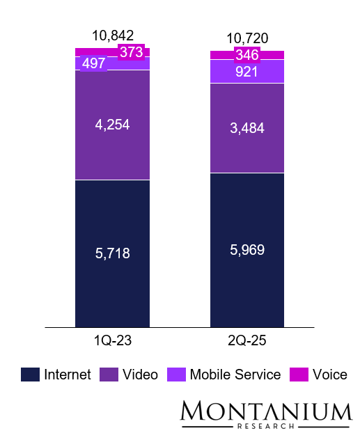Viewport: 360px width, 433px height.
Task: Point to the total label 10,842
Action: pos(112,36)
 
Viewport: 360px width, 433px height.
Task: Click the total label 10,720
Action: pos(247,39)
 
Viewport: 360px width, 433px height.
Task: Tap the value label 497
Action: pos(93,63)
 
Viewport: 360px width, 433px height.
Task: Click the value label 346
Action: pos(247,55)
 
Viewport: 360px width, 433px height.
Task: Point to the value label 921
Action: pos(247,72)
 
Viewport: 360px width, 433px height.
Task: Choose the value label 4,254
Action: pos(112,125)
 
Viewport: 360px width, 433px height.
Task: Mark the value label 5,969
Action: pos(247,250)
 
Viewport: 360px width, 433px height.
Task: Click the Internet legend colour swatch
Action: pos(30,375)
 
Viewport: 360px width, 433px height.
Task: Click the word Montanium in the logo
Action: pos(266,411)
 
